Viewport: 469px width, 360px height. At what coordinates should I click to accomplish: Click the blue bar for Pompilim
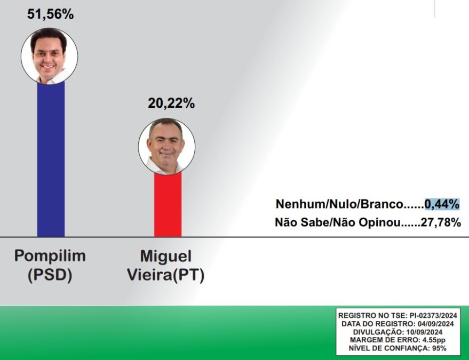(x=51, y=159)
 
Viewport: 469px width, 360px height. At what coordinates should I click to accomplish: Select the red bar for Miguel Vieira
(x=168, y=204)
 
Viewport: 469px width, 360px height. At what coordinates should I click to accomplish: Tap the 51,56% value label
(x=50, y=14)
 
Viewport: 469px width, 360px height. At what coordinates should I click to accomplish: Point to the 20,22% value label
(x=171, y=103)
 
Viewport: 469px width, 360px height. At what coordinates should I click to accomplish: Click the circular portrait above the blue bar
(x=49, y=56)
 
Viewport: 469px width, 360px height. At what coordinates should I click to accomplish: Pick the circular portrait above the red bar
(x=166, y=147)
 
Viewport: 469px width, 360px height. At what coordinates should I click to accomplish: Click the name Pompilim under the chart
(x=50, y=256)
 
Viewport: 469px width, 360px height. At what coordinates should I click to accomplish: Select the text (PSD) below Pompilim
(x=50, y=275)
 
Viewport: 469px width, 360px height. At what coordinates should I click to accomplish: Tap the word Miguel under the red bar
(x=166, y=256)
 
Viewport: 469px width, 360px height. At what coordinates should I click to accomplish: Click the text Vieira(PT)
(x=166, y=275)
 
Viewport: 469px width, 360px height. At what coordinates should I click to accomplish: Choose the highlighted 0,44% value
(x=442, y=204)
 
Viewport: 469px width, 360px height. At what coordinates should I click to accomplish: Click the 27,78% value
(x=441, y=222)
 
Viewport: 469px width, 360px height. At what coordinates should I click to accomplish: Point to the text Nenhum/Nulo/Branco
(x=339, y=204)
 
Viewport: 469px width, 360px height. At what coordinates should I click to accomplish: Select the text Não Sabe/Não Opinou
(x=337, y=222)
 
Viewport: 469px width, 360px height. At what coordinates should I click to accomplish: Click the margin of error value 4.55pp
(x=434, y=340)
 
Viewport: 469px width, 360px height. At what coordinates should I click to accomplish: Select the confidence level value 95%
(x=439, y=348)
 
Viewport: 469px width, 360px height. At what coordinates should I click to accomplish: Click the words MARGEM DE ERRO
(x=384, y=340)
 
